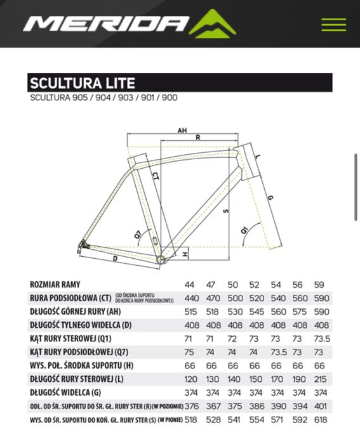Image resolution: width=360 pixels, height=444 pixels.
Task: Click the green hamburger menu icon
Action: click(333, 25)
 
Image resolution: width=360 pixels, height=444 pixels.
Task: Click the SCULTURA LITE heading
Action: click(83, 83)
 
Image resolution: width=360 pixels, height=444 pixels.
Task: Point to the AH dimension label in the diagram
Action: click(182, 131)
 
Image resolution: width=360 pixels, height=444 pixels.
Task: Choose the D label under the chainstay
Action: click(116, 259)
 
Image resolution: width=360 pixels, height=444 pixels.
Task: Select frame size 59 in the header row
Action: click(320, 285)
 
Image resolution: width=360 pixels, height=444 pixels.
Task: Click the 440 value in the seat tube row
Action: click(192, 298)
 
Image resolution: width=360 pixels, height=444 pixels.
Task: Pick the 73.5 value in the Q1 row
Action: click(322, 339)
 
